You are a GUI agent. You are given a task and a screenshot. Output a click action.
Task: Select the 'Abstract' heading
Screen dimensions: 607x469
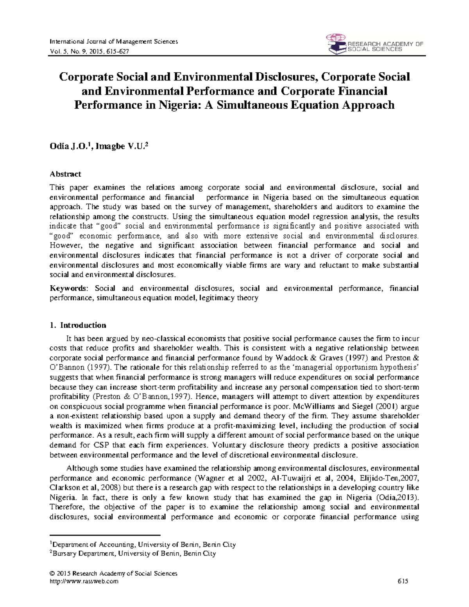pyautogui.click(x=65, y=174)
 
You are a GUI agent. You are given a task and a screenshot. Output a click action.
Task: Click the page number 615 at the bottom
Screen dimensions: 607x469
pyautogui.click(x=403, y=581)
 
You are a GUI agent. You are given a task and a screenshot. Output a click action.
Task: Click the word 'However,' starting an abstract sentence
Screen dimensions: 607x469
pyautogui.click(x=64, y=246)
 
